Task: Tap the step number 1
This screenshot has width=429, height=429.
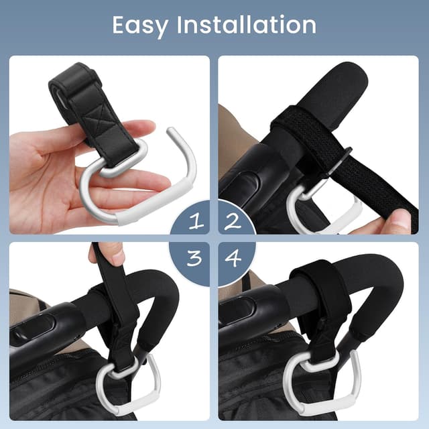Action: click(x=195, y=221)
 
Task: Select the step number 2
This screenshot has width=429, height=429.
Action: click(x=233, y=221)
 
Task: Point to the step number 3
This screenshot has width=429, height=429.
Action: click(x=194, y=258)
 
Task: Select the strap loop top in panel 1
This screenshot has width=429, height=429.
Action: click(x=74, y=74)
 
